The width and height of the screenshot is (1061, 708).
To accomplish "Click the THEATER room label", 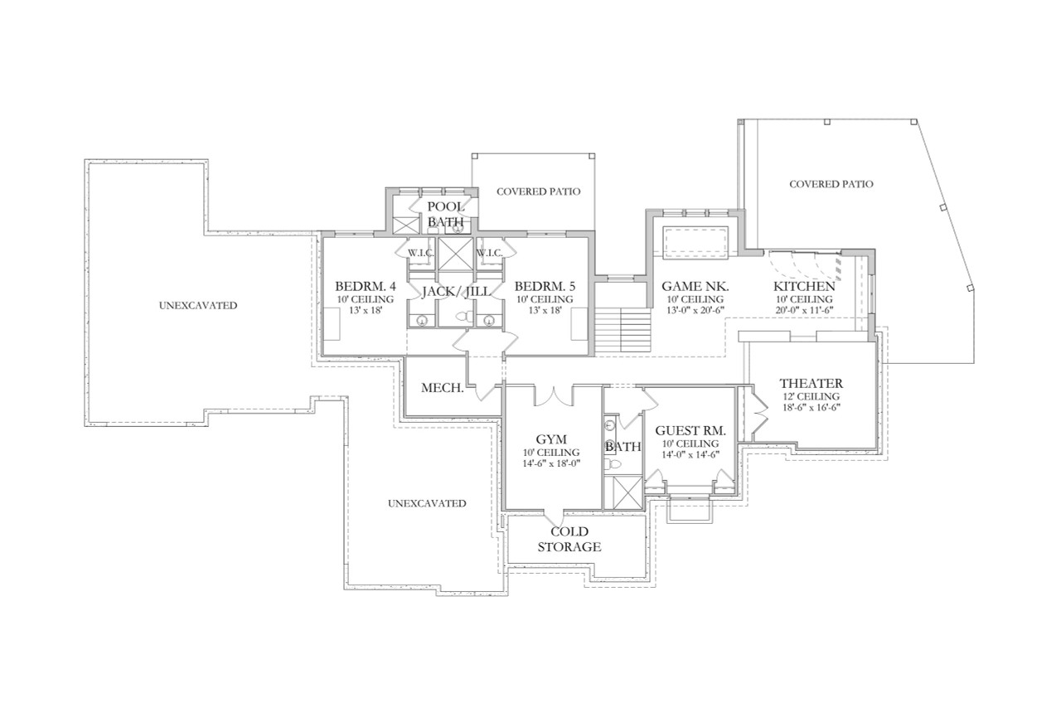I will tap(811, 384).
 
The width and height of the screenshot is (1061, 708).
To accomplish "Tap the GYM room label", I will tap(550, 439).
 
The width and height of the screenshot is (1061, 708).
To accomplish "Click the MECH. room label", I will tap(442, 388).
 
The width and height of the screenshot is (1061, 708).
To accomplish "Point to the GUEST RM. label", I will tap(690, 431).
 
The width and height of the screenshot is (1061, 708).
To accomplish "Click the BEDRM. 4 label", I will tap(366, 286).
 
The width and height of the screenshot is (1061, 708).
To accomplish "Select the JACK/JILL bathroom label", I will tap(455, 292).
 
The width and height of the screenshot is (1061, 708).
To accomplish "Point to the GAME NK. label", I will tap(695, 286).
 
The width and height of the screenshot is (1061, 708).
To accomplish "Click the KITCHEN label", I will tap(804, 286).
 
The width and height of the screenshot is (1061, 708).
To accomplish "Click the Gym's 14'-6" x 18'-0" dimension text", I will tap(550, 463).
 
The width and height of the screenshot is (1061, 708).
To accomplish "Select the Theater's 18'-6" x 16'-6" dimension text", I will tap(811, 408).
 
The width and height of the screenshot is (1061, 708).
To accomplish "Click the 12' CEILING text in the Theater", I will tap(811, 396).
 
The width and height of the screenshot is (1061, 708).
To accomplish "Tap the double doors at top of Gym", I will tap(550, 396).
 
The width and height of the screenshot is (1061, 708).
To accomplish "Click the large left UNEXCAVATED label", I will tap(197, 305).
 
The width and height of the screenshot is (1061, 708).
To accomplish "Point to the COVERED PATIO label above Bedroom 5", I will tap(538, 192).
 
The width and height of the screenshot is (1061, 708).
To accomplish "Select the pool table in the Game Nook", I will tap(695, 240).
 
